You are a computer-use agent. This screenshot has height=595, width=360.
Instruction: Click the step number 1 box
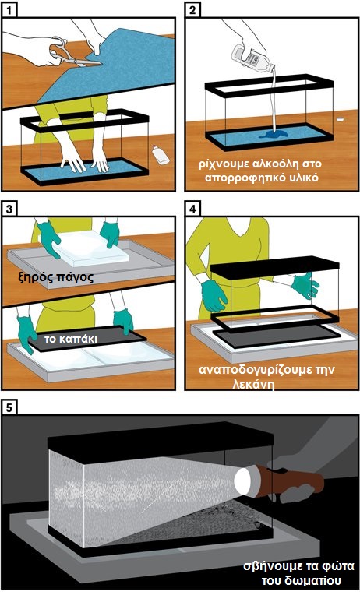point(9,10)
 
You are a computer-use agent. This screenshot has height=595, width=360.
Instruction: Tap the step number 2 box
point(192,10)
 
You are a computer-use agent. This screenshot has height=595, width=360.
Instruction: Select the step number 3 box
point(9,209)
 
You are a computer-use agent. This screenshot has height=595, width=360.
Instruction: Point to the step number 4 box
point(192,209)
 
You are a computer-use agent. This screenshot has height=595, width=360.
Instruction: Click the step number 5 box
point(9,407)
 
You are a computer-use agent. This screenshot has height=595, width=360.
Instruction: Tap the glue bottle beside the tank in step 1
point(160,154)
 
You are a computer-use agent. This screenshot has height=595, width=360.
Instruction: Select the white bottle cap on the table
point(341,119)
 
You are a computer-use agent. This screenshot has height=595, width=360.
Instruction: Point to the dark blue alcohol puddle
point(274,134)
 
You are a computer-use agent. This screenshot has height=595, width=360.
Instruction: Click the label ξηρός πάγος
point(56,278)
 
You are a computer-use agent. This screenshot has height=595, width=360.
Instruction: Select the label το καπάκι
point(71,339)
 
